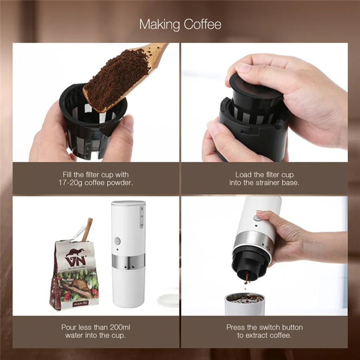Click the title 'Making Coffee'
(180, 24)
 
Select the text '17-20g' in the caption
(70, 182)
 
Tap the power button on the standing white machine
(117, 241)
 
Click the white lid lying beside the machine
(168, 300)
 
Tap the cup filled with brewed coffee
(245, 304)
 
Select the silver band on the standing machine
(128, 262)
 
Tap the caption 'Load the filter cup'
(264, 175)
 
